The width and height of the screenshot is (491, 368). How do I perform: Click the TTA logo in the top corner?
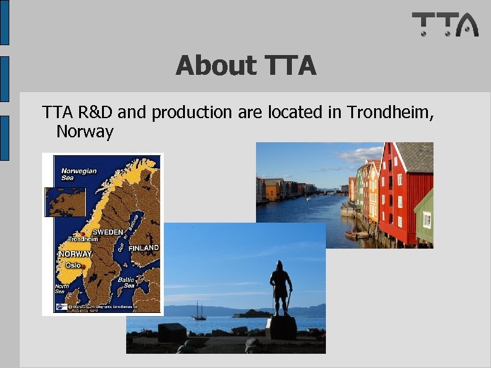[x=445, y=24]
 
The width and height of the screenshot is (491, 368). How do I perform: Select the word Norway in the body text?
[x=85, y=132]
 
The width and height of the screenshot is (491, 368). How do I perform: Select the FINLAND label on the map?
[x=143, y=247]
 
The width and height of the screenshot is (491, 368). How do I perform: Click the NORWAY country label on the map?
[x=75, y=254]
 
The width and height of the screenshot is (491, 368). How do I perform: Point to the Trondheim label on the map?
[x=82, y=239]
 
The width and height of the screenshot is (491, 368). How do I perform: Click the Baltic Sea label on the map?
[x=129, y=282]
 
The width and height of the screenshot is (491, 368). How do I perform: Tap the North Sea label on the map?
[x=62, y=289]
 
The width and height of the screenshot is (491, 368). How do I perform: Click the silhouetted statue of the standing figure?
[x=281, y=288]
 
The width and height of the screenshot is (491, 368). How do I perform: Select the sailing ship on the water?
[x=199, y=311]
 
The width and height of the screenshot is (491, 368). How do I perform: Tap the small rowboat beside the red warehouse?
[x=356, y=235]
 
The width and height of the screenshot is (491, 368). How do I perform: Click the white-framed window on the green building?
[x=427, y=220]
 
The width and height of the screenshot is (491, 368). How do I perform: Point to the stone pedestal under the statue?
[x=281, y=328]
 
